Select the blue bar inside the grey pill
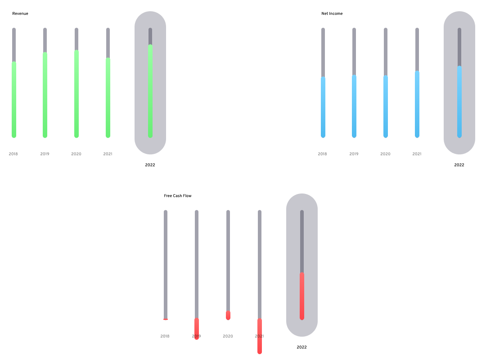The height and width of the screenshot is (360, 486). coord(459,102)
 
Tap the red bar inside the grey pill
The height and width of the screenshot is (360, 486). coord(302,296)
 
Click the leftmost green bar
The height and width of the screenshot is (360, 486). coord(14,99)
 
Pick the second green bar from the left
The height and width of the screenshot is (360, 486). coord(45,95)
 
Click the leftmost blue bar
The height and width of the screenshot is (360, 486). coord(323,107)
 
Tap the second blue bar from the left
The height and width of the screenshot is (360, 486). coord(354,106)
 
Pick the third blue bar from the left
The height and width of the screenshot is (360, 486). coord(386,106)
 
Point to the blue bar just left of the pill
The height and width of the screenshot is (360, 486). coord(417,104)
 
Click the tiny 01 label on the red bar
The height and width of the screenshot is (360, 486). coord(197,336)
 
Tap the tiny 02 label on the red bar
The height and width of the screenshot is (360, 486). coord(260,336)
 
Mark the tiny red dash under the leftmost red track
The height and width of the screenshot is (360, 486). coord(166,319)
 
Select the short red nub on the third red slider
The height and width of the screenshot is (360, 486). coord(228,315)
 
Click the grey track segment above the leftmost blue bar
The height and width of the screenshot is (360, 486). coord(323,52)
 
